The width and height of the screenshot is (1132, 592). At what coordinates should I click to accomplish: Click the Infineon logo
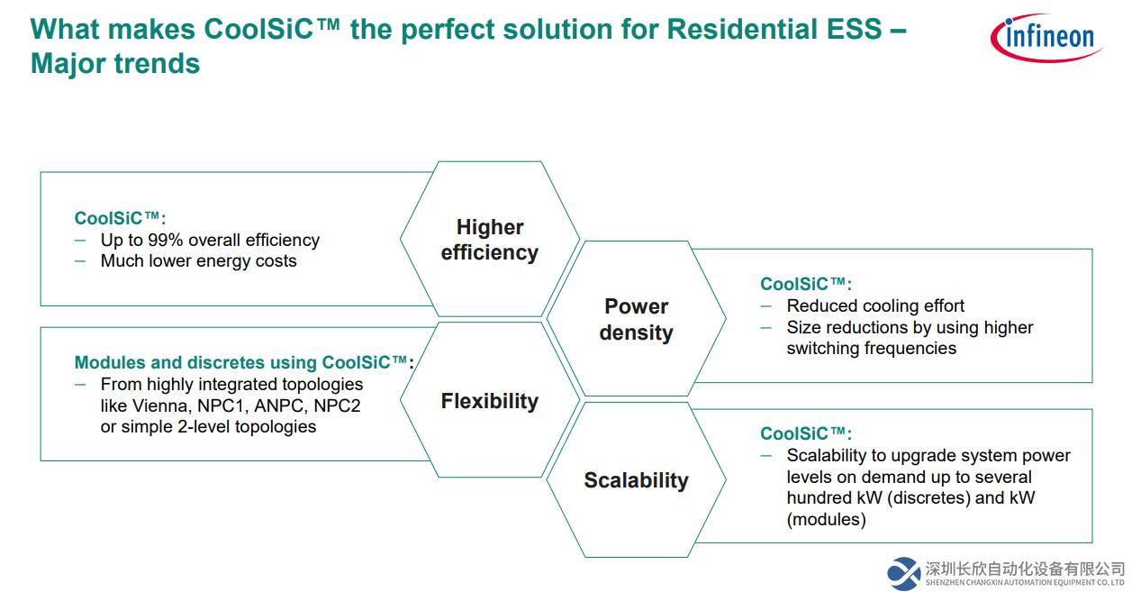1046,38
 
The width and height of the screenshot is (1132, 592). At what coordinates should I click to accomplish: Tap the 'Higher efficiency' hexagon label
490,240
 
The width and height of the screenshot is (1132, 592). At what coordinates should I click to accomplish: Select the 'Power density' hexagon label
637,320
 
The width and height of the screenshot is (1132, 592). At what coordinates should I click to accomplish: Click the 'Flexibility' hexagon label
490,401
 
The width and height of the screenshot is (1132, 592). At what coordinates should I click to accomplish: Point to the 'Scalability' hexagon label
637,480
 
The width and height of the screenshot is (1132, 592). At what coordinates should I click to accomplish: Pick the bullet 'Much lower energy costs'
199,261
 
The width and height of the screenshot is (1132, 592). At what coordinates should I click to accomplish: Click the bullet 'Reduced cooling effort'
875,305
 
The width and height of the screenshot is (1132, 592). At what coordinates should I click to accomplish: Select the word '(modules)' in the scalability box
826,519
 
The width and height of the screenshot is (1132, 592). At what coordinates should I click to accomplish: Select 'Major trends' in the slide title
115,64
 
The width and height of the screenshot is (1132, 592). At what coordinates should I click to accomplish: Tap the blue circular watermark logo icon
904,573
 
